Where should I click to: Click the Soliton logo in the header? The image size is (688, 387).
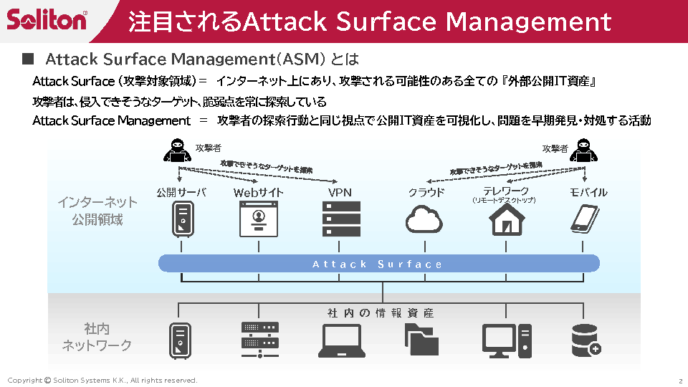(47, 20)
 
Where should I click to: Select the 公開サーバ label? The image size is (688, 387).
(181, 192)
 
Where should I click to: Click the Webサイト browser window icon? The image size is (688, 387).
(259, 219)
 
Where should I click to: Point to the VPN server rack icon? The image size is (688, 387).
(341, 219)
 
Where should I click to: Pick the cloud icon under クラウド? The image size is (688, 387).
(425, 219)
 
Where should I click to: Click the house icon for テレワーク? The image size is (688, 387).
(507, 219)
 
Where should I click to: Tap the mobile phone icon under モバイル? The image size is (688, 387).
(586, 219)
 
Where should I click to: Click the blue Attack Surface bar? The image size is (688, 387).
(378, 264)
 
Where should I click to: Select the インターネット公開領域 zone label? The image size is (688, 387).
(97, 211)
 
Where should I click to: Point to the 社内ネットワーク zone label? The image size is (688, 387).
(97, 337)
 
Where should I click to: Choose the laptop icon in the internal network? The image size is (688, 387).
(342, 341)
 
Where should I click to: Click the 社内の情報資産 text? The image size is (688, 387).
(381, 313)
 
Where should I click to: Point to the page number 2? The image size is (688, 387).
(679, 380)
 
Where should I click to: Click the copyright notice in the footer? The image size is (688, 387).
(102, 380)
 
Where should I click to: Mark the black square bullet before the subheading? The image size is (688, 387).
(28, 57)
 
